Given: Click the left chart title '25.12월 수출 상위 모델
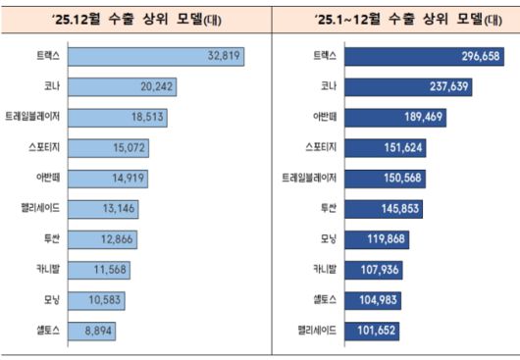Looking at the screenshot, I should point(129,17).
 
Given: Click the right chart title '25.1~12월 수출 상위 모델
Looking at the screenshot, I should point(390,17).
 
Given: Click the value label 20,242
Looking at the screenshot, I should point(156,87).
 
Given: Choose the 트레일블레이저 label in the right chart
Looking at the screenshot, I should point(311,179).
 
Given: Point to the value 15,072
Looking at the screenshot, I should point(129,148).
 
